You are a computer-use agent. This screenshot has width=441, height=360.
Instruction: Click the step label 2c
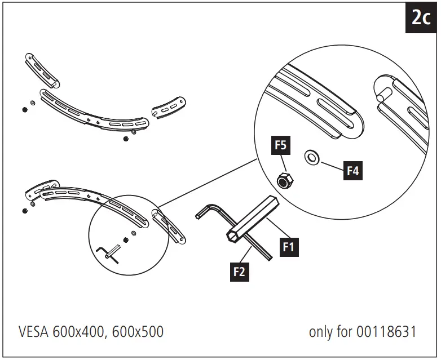click(420, 19)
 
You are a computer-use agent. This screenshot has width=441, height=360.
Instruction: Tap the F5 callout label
click(281, 145)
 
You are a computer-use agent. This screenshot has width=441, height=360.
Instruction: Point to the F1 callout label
click(289, 246)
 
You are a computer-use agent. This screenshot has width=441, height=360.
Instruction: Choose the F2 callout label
click(239, 272)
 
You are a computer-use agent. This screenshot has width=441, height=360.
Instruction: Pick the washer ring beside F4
click(311, 156)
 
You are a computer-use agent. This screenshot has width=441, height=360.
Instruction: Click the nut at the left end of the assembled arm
click(25, 211)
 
